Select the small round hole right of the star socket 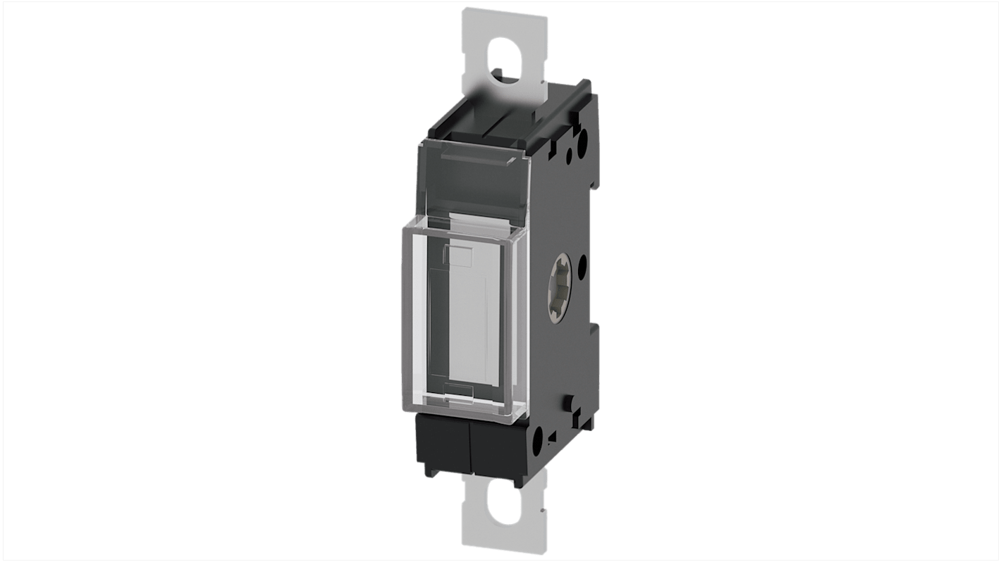pos(583,266)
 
